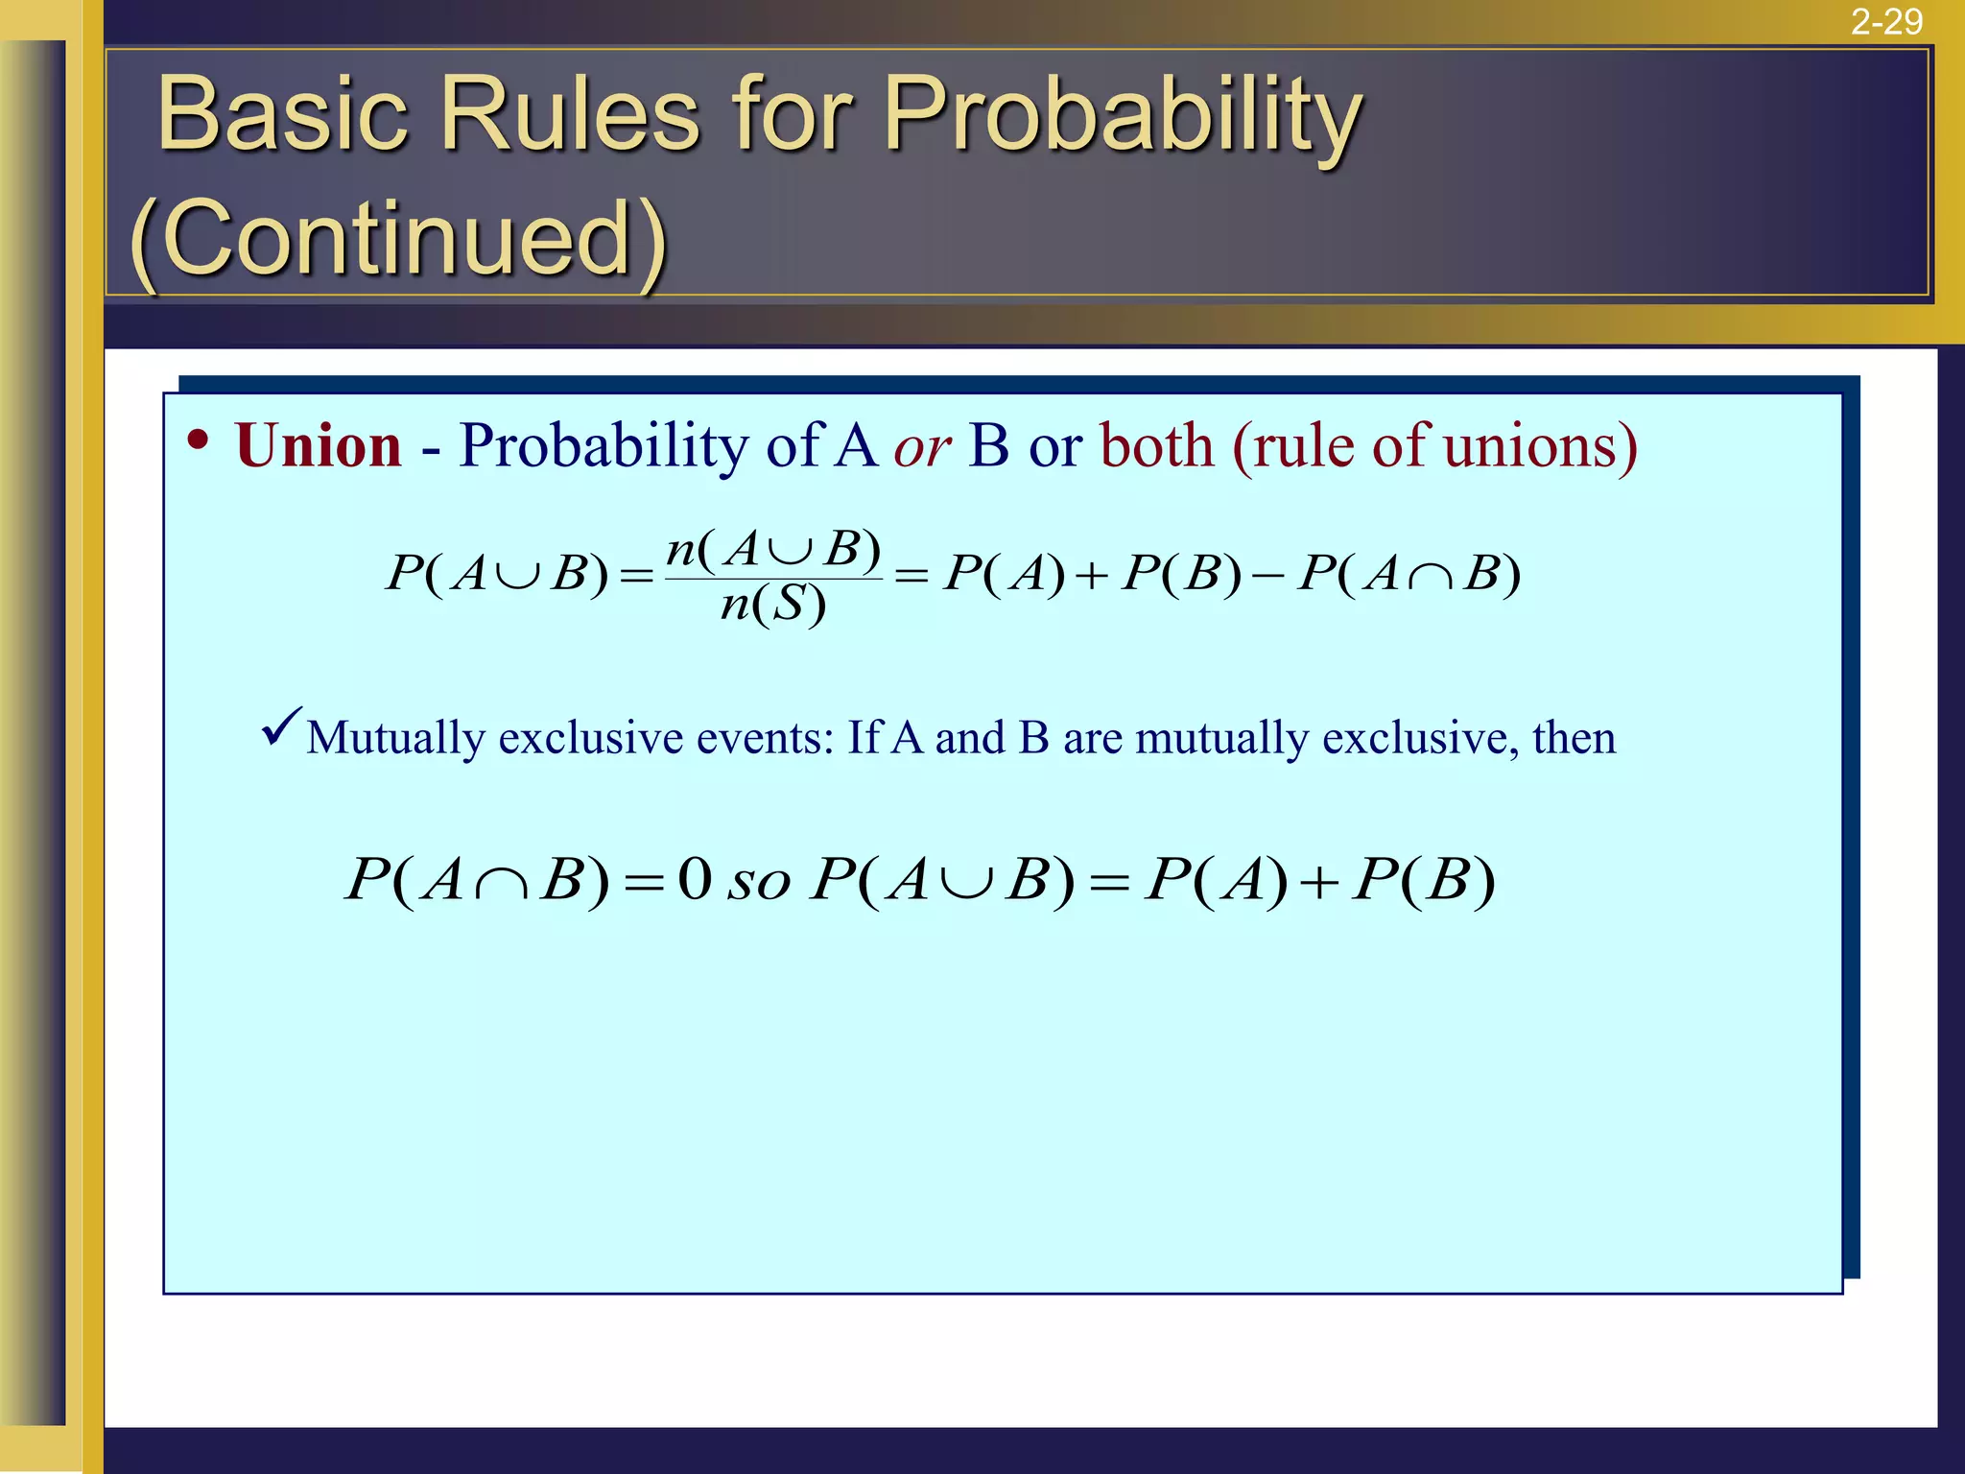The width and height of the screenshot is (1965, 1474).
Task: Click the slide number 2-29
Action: [x=1885, y=21]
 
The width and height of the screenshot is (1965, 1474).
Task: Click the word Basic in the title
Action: [x=282, y=115]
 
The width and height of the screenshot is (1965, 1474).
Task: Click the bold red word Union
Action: [x=318, y=446]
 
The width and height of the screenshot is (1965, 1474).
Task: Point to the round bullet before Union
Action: [x=199, y=441]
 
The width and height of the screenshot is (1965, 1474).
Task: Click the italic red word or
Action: [x=922, y=448]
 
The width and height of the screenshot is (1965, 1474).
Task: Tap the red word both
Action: [x=1157, y=446]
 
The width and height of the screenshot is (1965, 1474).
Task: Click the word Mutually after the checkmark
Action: [x=395, y=739]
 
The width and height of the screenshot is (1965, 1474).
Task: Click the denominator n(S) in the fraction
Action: [x=772, y=606]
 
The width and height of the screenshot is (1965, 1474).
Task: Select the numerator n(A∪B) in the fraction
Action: [x=773, y=550]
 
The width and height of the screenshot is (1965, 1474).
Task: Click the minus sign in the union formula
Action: [x=1268, y=575]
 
